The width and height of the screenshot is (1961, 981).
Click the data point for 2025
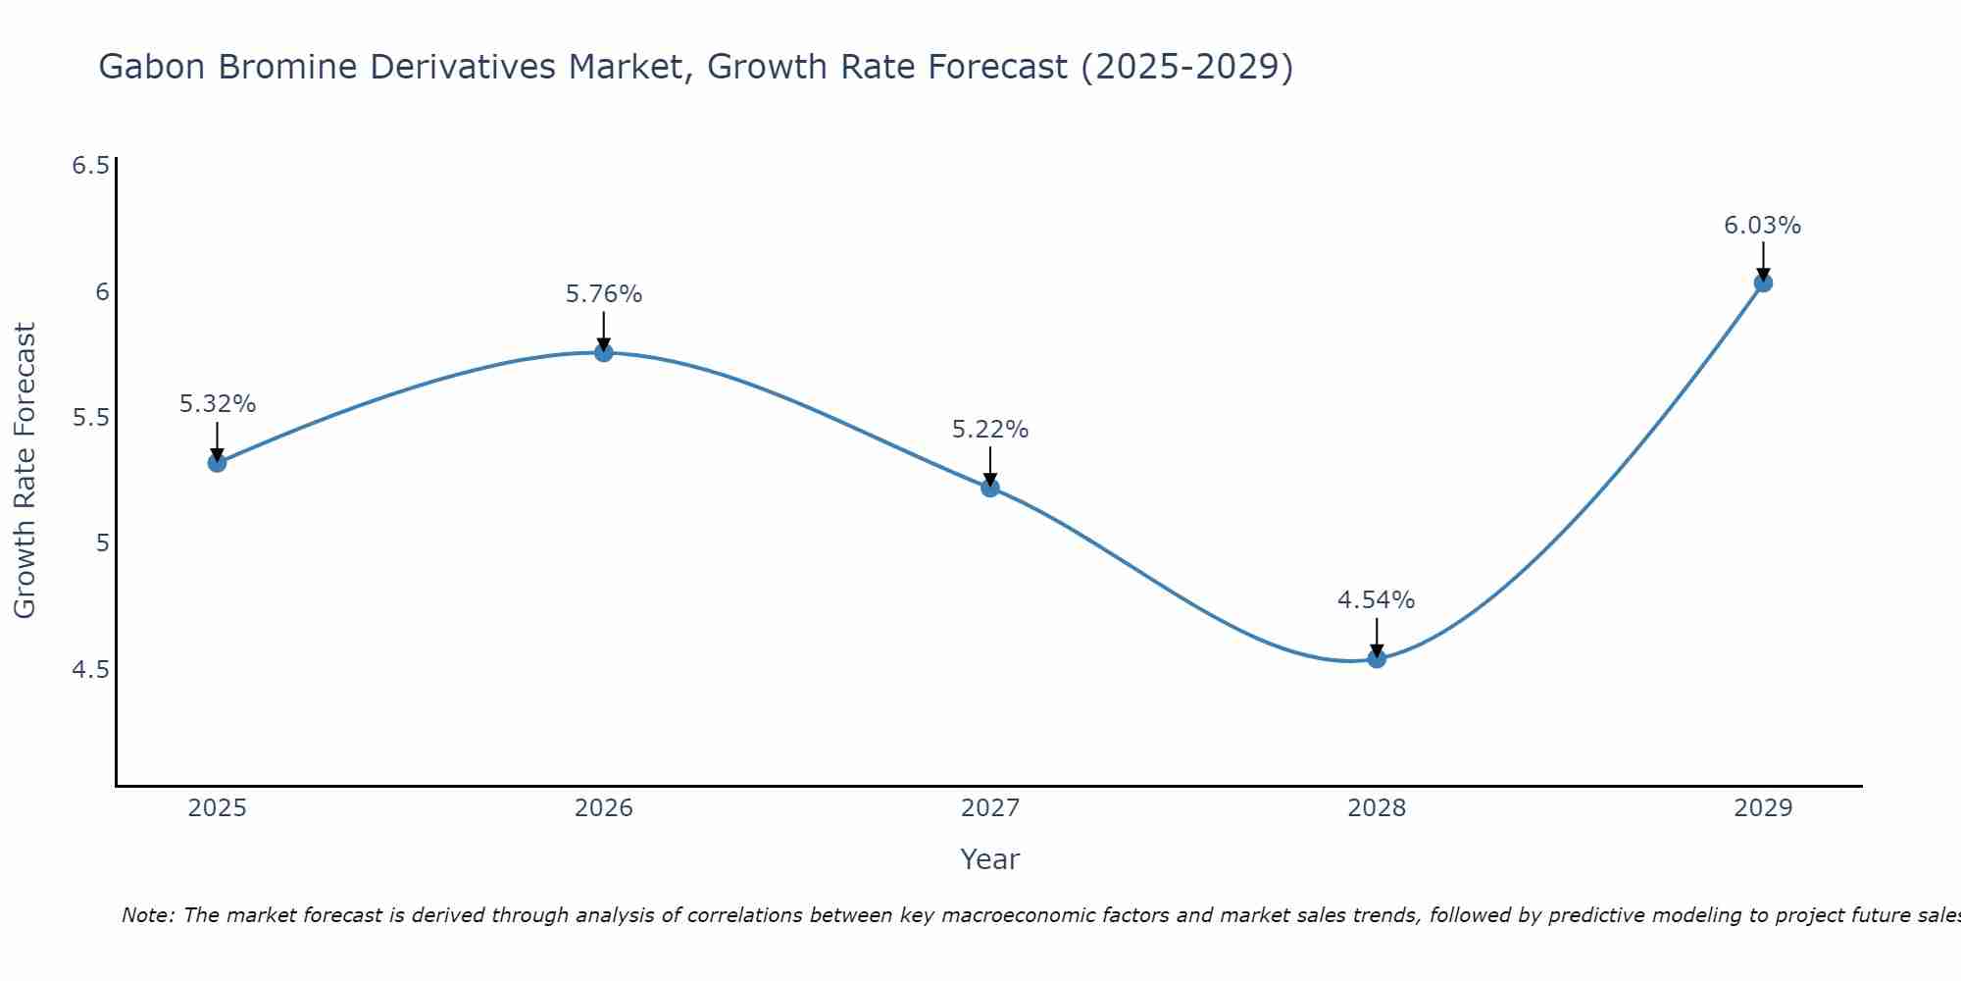point(217,462)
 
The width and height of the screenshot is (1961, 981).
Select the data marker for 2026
point(604,352)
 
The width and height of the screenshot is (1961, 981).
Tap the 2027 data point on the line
point(990,487)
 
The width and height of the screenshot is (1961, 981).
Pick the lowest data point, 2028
point(1377,658)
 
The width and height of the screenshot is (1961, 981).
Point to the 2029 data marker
point(1763,283)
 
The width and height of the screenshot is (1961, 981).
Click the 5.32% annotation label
point(218,404)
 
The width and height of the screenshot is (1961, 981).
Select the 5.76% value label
point(604,294)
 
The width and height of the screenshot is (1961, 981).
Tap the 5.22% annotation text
point(990,430)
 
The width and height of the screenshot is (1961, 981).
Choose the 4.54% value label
point(1377,600)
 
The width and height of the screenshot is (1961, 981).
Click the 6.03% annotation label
point(1763,226)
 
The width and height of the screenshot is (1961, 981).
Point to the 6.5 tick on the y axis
point(90,166)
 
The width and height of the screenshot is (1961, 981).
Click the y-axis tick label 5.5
point(90,418)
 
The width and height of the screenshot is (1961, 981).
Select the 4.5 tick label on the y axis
point(90,670)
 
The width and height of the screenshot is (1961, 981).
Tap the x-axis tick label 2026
point(604,808)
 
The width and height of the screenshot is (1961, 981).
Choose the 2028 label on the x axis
point(1377,808)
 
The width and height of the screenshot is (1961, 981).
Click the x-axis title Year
point(990,859)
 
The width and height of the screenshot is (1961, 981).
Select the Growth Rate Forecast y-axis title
point(25,470)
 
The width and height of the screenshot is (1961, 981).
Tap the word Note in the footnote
point(147,915)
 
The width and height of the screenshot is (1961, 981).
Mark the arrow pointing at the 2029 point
point(1763,260)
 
